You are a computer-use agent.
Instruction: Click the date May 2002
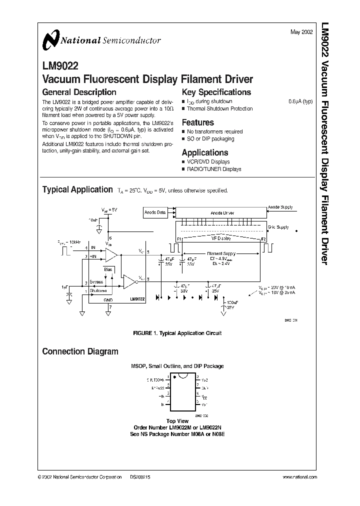pos(301,31)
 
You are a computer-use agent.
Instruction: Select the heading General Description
pos(79,92)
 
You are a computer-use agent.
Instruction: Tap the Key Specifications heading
pos(216,92)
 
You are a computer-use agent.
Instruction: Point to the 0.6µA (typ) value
pos(300,101)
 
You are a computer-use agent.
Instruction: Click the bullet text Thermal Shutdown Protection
pos(219,108)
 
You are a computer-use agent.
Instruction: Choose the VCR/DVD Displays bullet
pos(208,162)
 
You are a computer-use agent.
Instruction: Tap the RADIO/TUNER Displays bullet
pos(214,169)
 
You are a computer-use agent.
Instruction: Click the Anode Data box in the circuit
pos(155,212)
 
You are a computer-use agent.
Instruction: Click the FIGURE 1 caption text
pos(177,333)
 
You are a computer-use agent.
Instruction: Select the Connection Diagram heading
pos(80,351)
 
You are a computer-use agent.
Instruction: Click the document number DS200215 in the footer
pos(140,477)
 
